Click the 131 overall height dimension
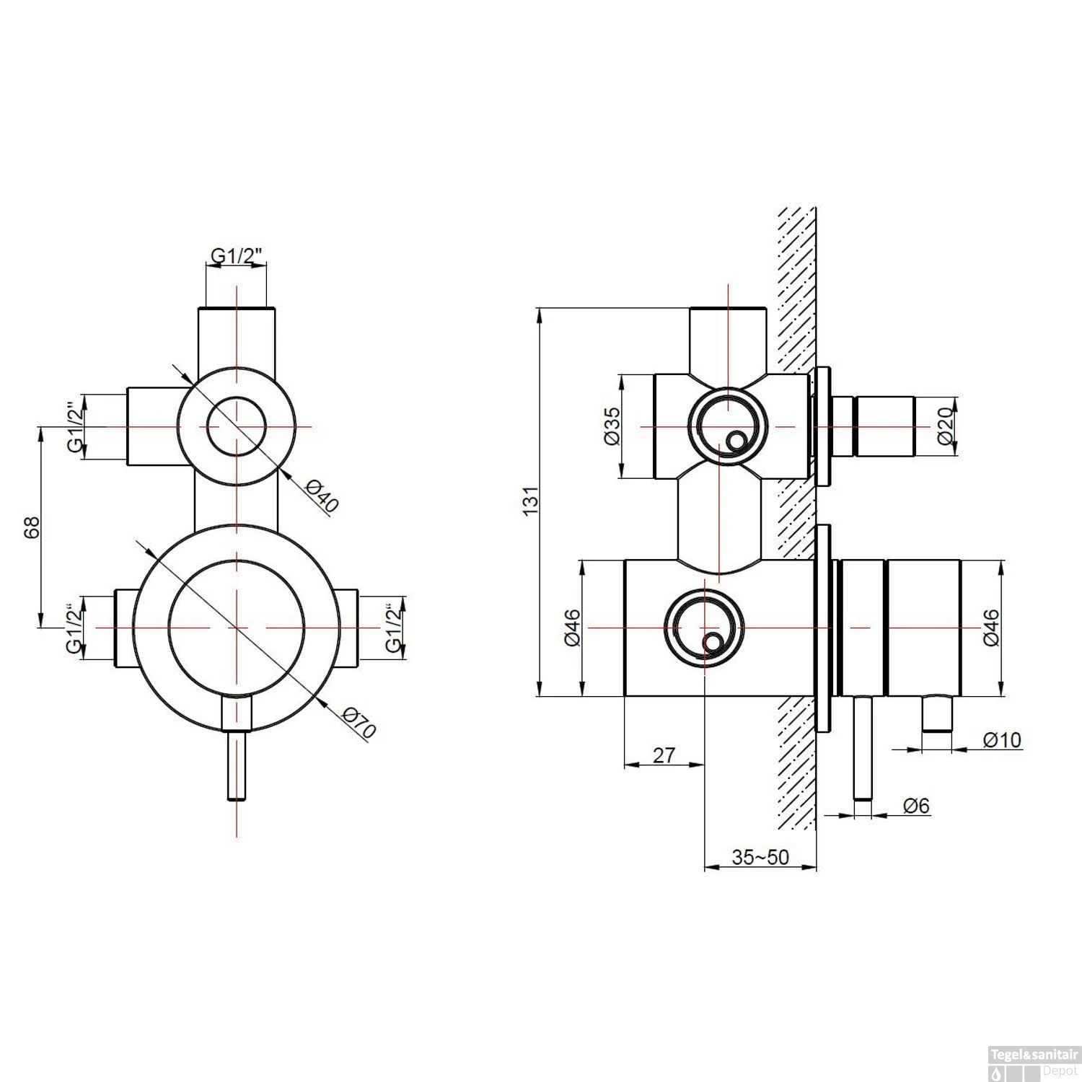tap(529, 501)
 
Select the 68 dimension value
tap(31, 527)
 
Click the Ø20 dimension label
tap(946, 426)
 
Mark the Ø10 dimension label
tap(1002, 740)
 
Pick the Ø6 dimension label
tap(915, 805)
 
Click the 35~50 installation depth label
tap(760, 857)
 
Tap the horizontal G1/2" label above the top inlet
tap(236, 255)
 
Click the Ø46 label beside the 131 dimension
tap(572, 628)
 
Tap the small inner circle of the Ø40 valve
tap(237, 426)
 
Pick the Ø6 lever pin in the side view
tap(863, 750)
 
